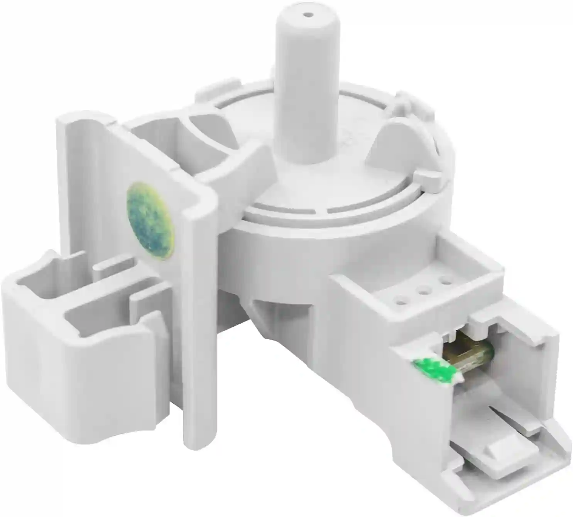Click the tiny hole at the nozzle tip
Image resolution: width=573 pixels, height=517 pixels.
coord(308,15)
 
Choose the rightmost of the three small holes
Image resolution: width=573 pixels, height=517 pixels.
coord(446,279)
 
